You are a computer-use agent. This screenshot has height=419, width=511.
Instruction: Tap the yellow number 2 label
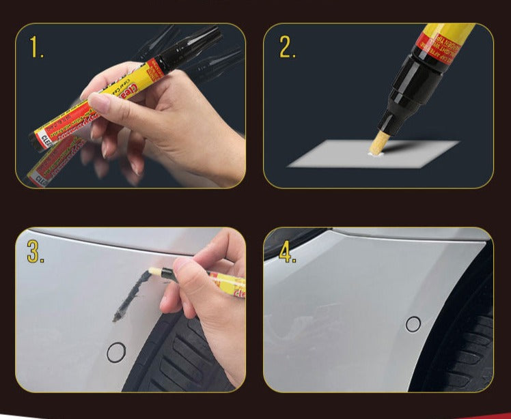point(288,46)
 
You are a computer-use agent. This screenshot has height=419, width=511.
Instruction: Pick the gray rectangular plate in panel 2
point(372,155)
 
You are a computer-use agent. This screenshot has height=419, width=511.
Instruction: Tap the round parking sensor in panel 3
point(116,352)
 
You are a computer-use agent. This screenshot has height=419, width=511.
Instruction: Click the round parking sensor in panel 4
point(413,324)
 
